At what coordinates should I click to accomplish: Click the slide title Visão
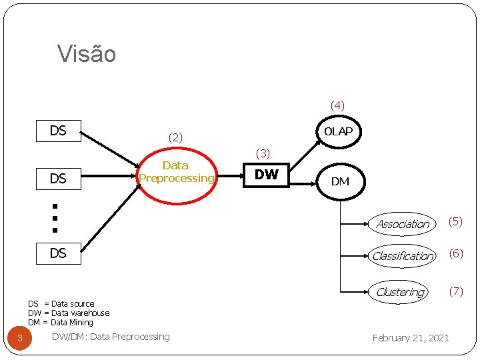[87, 54]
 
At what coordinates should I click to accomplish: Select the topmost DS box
[58, 131]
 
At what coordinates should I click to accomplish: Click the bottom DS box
[58, 253]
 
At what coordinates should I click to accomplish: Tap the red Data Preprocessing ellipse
[176, 172]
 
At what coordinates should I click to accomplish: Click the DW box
[267, 175]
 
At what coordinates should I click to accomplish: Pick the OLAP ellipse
[338, 132]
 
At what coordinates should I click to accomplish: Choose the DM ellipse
[340, 181]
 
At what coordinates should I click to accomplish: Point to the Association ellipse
[403, 224]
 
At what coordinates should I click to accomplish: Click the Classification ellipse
[403, 256]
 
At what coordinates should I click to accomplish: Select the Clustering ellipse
[400, 292]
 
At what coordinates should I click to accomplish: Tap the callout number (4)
[337, 105]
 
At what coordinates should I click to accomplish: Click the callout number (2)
[175, 138]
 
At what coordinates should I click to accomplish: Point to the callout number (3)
[263, 154]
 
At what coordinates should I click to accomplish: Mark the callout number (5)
[455, 221]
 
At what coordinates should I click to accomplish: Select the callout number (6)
[455, 253]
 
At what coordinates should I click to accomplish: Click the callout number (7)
[455, 291]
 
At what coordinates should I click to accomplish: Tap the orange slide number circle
[20, 339]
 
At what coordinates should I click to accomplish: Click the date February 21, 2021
[411, 338]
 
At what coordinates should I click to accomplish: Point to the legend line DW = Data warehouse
[69, 313]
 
